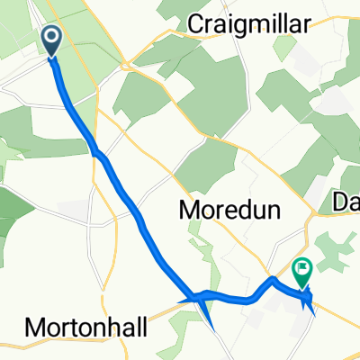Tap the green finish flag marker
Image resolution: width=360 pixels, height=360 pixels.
click(301, 267)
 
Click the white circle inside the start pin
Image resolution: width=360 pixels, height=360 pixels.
click(51, 37)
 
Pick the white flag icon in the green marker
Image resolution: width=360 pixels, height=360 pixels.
click(301, 265)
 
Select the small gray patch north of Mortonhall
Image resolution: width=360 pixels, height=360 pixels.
click(72, 210)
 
